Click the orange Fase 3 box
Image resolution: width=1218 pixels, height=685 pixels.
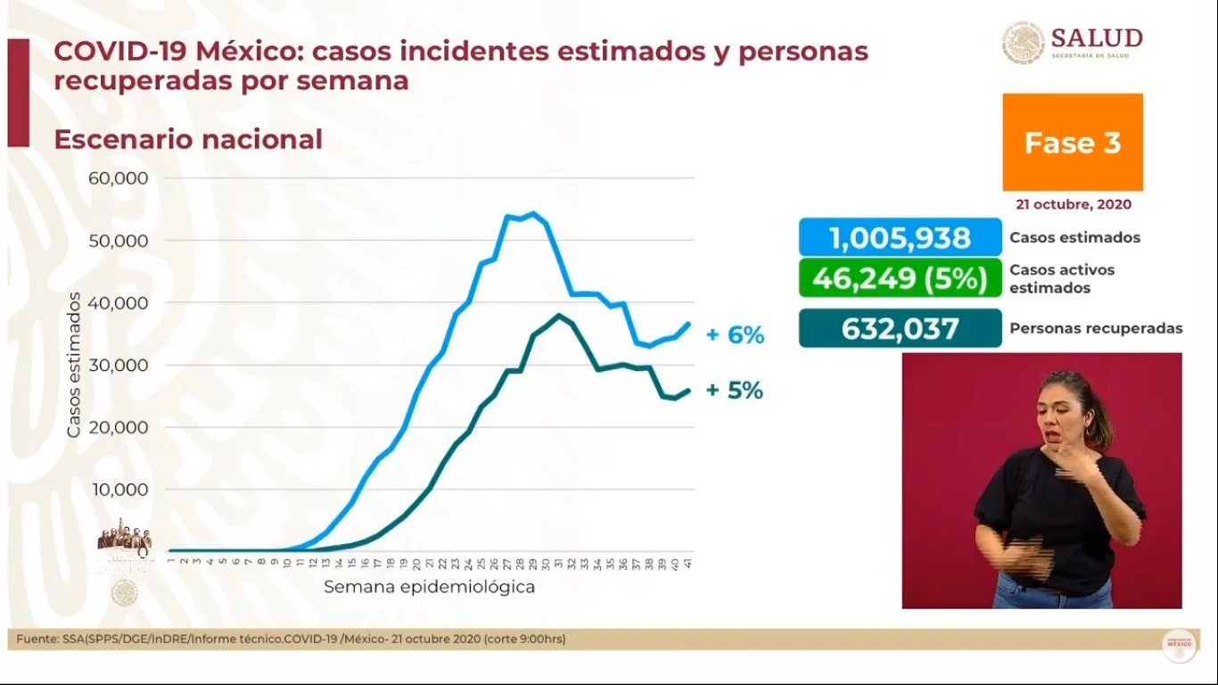pos(1072,143)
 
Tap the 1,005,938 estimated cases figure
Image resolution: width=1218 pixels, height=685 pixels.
pos(900,238)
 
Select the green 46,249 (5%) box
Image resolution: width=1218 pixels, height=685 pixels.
pos(900,278)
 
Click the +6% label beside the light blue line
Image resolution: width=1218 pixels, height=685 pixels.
pos(735,335)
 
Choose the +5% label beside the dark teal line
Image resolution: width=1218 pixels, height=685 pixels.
pos(735,391)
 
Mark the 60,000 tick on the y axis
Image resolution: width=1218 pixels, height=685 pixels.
pos(119,177)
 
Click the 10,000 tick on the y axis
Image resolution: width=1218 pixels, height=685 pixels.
pos(119,490)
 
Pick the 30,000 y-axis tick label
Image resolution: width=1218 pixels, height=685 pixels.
pos(119,365)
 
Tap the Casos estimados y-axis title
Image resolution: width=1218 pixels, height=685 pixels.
pos(74,365)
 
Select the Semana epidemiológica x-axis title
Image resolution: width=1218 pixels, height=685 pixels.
pos(429,587)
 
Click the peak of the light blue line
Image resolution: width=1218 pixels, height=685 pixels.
pos(533,213)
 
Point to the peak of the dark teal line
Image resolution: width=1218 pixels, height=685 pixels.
pos(558,315)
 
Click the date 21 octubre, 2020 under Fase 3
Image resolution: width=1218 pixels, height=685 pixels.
pos(1073,204)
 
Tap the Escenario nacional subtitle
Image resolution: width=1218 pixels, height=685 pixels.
pos(188,140)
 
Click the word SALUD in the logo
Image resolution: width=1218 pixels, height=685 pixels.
pos(1097,38)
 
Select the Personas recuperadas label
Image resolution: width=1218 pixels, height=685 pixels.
pos(1096,328)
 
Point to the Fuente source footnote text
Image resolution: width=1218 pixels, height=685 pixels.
pos(291,639)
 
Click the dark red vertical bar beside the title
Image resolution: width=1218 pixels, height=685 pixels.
pos(19,93)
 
